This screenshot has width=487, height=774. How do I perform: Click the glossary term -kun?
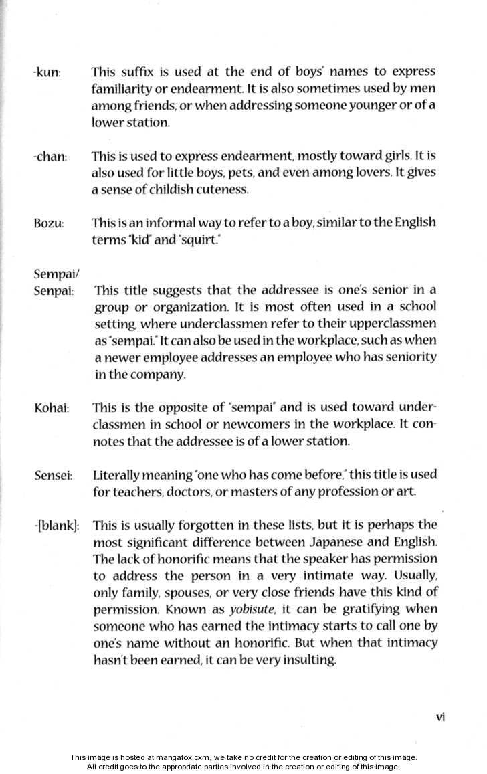coord(47,72)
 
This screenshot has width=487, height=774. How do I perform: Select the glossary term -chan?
coord(50,157)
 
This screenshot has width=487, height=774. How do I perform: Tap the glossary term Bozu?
coord(48,223)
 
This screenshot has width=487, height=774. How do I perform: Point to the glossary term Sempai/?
coord(54,273)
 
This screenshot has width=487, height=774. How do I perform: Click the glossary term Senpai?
coord(54,291)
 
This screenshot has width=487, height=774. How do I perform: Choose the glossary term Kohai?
coord(52,408)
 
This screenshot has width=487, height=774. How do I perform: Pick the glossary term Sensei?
coord(53,476)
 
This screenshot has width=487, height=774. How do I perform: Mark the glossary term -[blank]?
coord(56,526)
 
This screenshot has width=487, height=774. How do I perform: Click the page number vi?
coord(440,716)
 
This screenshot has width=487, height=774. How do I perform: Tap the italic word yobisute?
coord(251,609)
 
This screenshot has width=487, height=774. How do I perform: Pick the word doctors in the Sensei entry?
coord(181,492)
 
